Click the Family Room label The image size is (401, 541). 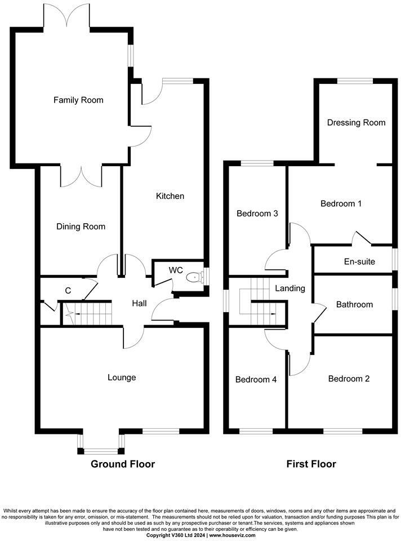[x=78, y=100]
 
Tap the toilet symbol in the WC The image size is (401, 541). [x=194, y=277]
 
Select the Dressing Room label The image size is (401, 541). [x=356, y=122]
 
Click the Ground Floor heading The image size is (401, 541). [x=123, y=464]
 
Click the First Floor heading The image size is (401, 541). [x=311, y=464]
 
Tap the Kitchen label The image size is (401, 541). [x=170, y=196]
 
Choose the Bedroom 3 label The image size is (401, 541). [x=257, y=214]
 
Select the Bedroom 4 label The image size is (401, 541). [x=256, y=379]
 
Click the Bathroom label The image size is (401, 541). [x=354, y=304]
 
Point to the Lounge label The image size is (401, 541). [x=122, y=377]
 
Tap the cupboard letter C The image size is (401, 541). [x=68, y=291]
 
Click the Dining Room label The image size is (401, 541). [x=81, y=227]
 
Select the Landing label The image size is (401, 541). [x=289, y=289]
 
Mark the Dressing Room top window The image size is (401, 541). [x=355, y=81]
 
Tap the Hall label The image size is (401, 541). [x=139, y=303]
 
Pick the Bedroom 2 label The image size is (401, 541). [x=349, y=379]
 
